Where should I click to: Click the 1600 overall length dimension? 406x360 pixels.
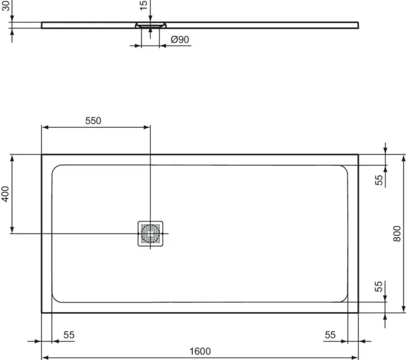200,351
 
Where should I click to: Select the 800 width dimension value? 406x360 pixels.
397,233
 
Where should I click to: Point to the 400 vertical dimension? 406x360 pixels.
5,195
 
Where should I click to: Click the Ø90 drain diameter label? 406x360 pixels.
179,40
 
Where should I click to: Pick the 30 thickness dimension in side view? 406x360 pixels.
6,8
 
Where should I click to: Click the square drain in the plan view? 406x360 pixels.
150,233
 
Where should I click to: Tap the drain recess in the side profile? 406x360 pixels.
150,25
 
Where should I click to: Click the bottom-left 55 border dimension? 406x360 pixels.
69,335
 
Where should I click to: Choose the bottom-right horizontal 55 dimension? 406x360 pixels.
330,335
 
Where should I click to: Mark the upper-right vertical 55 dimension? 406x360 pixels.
379,179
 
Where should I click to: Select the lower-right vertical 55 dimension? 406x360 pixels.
379,287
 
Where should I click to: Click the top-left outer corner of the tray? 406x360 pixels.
42,154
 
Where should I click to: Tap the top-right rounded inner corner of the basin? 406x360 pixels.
345,168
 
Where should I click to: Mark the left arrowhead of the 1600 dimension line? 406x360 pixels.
45,357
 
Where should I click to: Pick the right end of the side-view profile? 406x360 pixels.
357,25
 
